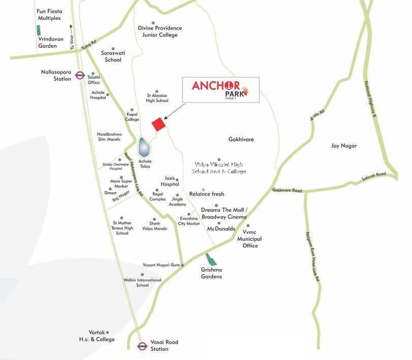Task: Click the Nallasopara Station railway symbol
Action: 79,76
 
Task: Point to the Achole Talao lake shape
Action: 144,148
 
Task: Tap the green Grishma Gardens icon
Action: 210,259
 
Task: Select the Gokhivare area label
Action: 241,139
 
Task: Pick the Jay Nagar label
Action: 344,146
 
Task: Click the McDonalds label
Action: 221,229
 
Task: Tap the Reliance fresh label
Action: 207,194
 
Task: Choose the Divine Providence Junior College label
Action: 160,31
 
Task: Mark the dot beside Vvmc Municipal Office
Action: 248,225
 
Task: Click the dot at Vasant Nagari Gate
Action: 182,266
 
